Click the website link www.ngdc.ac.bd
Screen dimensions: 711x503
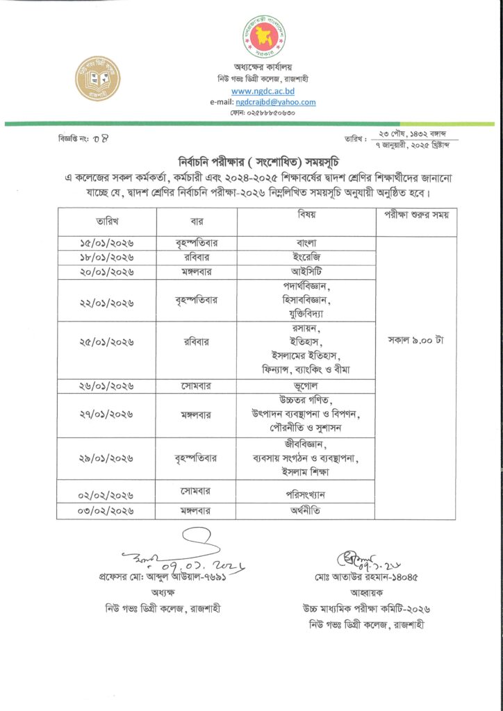click(x=263, y=91)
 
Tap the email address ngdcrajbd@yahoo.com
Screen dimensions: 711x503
click(x=276, y=102)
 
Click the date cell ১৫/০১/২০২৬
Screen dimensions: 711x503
click(x=106, y=243)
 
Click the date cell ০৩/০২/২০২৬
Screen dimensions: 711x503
click(x=106, y=511)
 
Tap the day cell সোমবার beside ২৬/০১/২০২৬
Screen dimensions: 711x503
click(x=197, y=385)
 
